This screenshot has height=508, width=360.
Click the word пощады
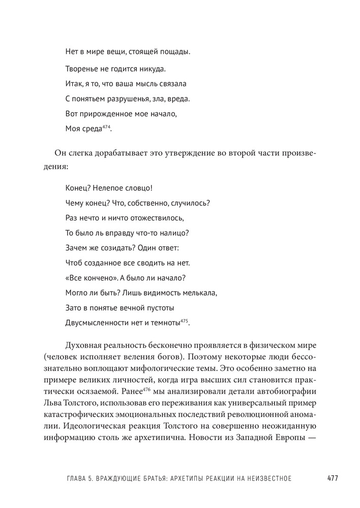point(173,52)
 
